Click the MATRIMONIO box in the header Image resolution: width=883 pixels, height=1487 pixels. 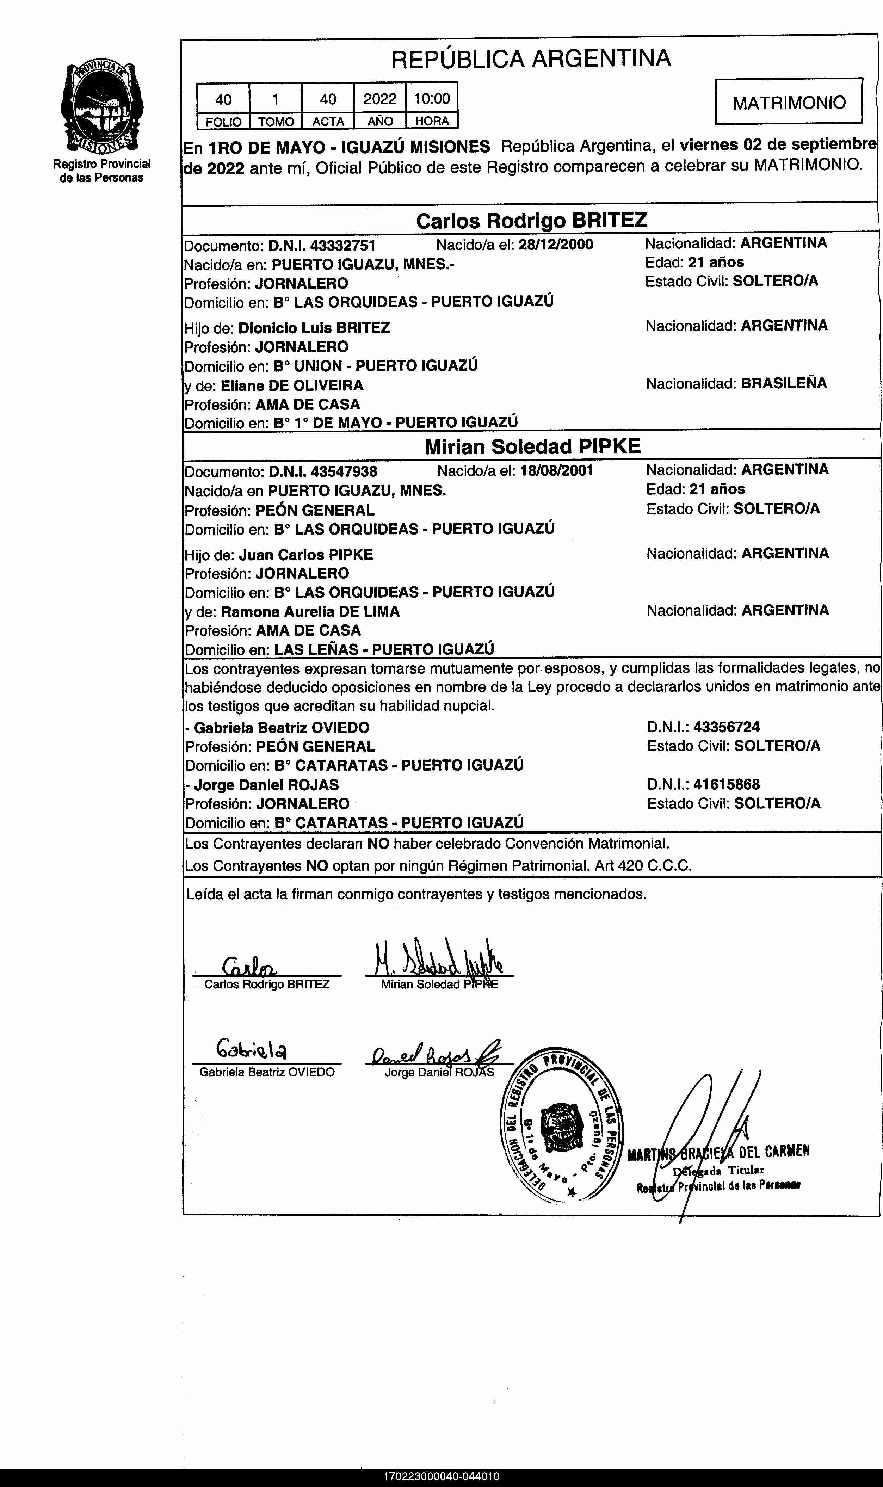pyautogui.click(x=789, y=102)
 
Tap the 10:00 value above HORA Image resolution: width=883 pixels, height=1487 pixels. pyautogui.click(x=432, y=98)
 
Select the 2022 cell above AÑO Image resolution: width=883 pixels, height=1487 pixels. pyautogui.click(x=379, y=98)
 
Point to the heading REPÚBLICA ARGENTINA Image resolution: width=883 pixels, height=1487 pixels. pyautogui.click(x=531, y=58)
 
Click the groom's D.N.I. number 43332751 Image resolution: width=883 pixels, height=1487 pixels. pyautogui.click(x=343, y=245)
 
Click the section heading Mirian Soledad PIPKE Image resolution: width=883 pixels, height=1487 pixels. pyautogui.click(x=532, y=446)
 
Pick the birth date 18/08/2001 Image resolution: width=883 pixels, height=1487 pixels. pyautogui.click(x=556, y=471)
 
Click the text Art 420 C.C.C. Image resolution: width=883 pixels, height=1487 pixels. pyautogui.click(x=643, y=865)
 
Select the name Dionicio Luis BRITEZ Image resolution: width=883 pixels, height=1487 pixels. pyautogui.click(x=314, y=328)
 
